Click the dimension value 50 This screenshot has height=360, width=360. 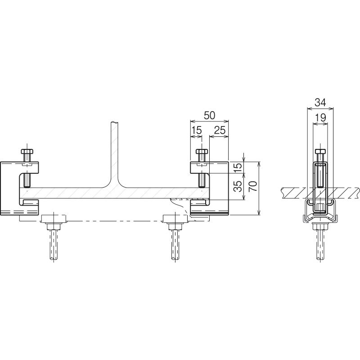click(209, 115)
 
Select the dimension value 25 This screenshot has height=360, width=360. click(220, 130)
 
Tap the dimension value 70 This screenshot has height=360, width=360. click(253, 186)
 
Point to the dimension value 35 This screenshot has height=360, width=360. click(238, 186)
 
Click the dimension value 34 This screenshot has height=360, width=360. click(320, 103)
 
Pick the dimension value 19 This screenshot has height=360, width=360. click(320, 118)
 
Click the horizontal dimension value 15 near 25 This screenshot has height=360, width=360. click(197, 130)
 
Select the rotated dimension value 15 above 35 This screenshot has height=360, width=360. click(238, 166)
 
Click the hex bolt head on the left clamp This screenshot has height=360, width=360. click(27, 151)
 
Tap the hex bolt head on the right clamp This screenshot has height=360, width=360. click(202, 151)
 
